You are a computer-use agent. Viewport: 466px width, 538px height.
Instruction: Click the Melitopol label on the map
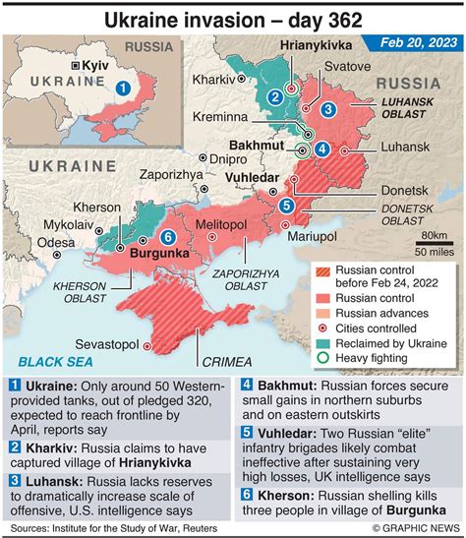click(220, 225)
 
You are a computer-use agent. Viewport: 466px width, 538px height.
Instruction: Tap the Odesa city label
click(56, 241)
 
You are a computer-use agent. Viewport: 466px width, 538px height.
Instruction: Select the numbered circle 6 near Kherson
click(167, 236)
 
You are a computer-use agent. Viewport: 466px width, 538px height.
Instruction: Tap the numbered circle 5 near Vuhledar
click(286, 205)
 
